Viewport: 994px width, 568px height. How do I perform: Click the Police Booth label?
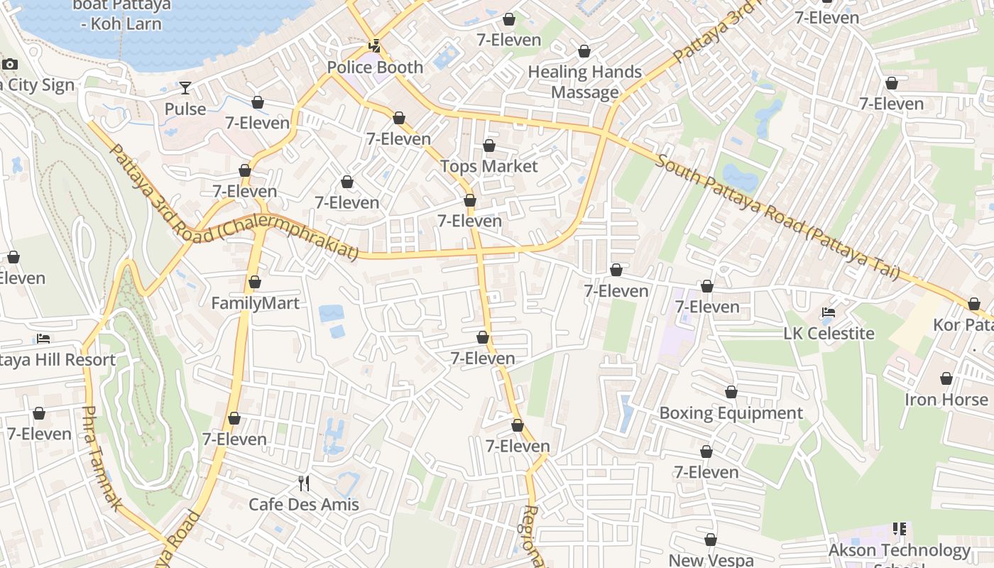[x=375, y=67]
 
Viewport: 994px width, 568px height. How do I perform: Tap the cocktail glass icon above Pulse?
[x=185, y=87]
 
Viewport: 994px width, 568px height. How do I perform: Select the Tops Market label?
[x=489, y=166]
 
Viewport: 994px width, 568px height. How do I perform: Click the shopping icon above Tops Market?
[x=489, y=146]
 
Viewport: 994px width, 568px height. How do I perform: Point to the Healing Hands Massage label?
[x=584, y=82]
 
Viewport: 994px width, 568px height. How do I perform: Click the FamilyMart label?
[x=255, y=303]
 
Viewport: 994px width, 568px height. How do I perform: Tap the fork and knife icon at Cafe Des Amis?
[x=304, y=484]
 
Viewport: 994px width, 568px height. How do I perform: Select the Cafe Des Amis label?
[x=304, y=505]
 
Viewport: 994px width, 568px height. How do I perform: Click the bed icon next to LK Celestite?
[x=828, y=312]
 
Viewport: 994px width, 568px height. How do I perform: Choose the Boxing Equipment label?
[x=731, y=413]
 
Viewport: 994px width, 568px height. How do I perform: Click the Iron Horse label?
[x=946, y=400]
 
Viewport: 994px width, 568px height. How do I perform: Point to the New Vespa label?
[x=711, y=560]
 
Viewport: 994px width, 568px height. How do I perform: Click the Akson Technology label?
[x=899, y=550]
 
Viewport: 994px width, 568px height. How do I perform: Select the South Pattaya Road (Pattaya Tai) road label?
[x=777, y=216]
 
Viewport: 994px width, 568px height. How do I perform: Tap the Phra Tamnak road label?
[x=100, y=458]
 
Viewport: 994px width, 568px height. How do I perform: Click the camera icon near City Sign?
[x=10, y=65]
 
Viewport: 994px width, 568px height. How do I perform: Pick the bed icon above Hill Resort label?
[x=43, y=339]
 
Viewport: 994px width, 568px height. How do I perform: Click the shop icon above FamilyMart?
[x=255, y=283]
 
